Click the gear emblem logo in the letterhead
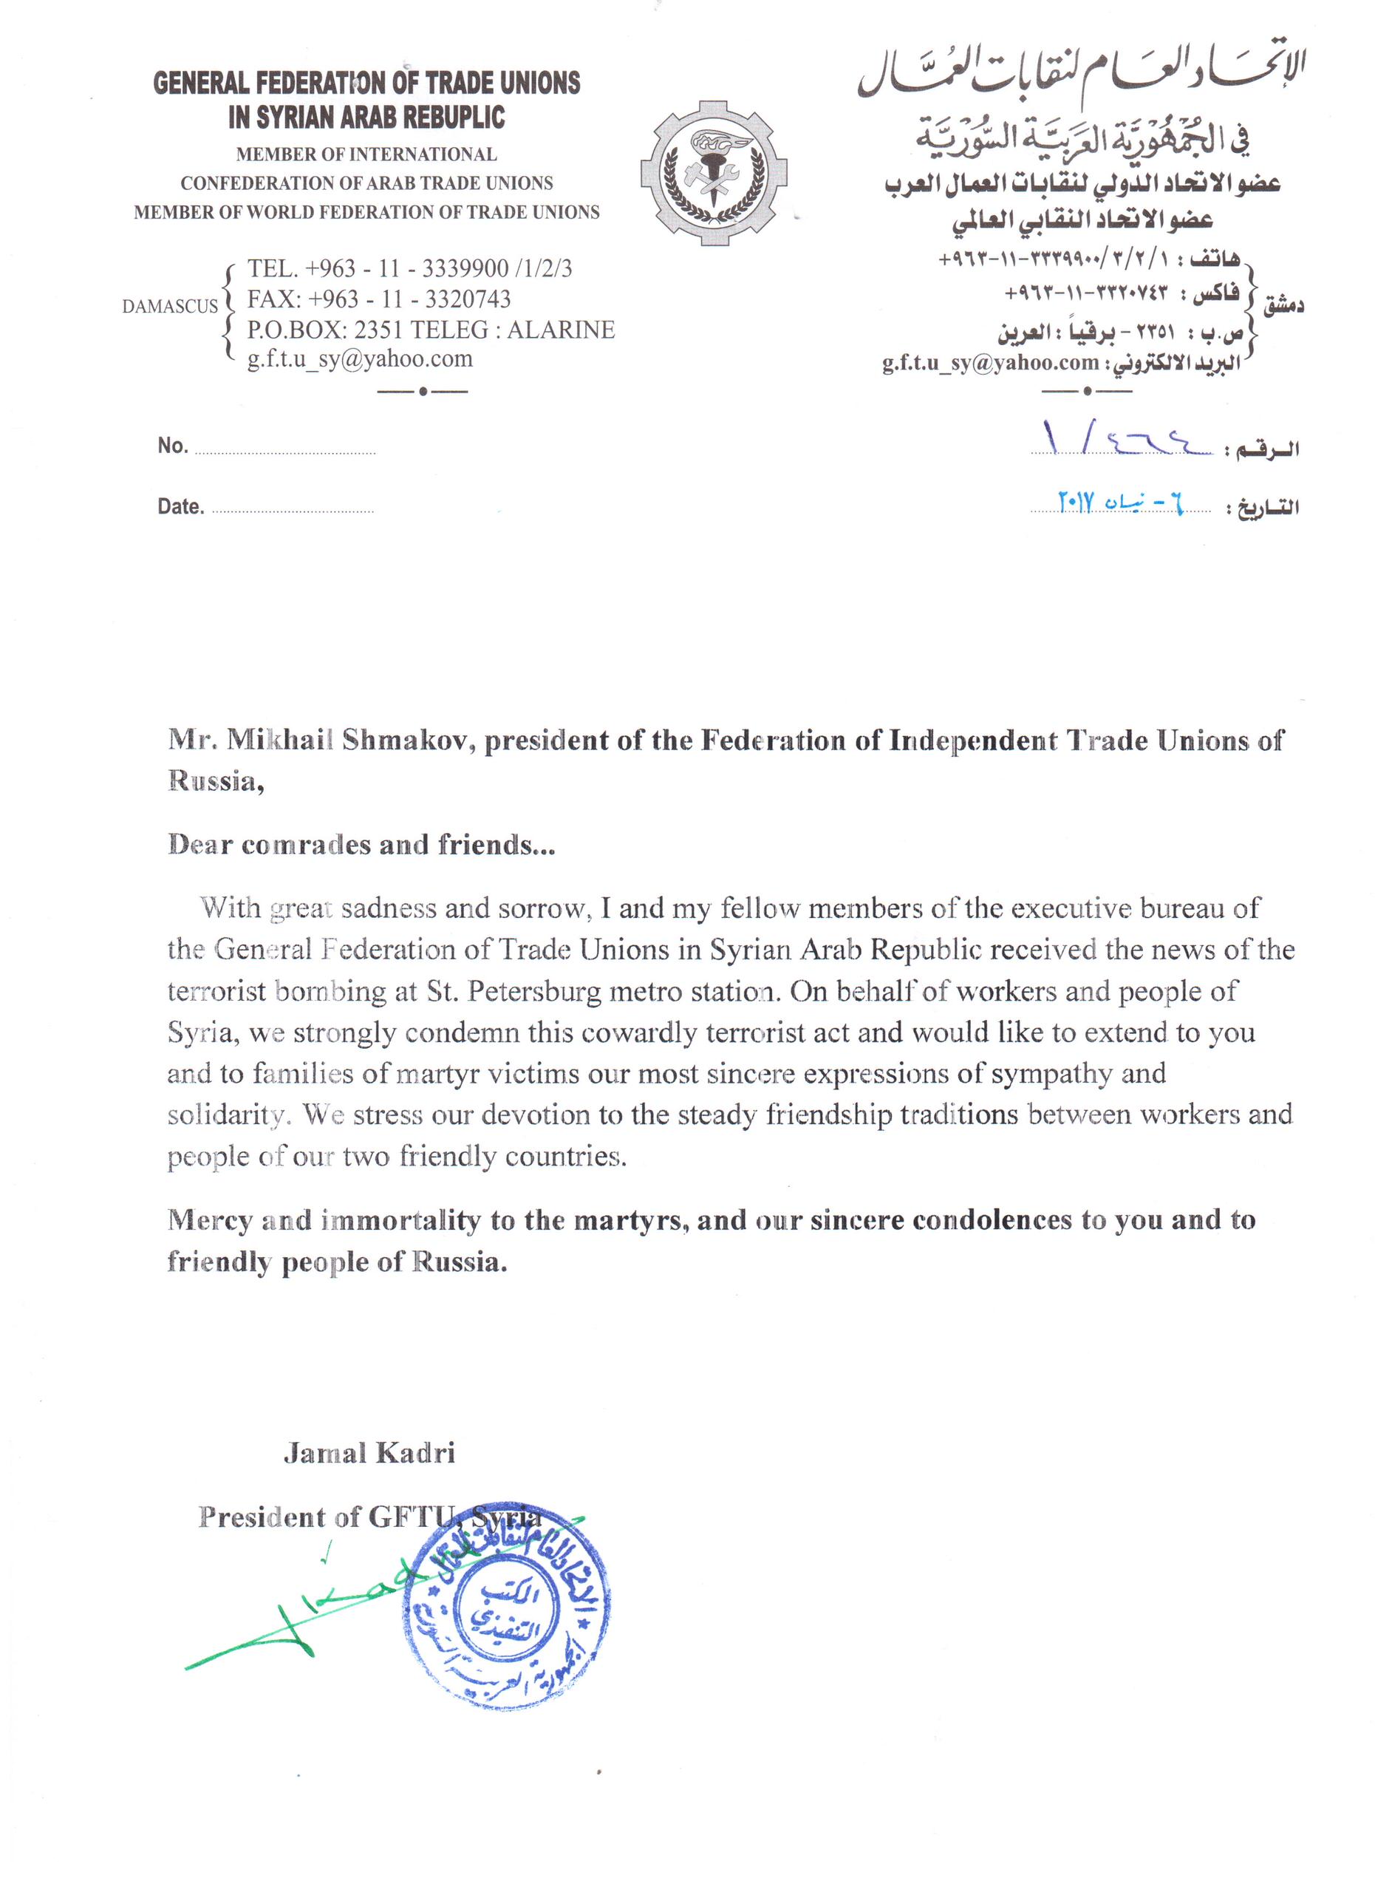(713, 173)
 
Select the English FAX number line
(378, 299)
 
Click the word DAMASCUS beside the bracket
(169, 306)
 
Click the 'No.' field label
(173, 446)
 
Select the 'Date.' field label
(180, 506)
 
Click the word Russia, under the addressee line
(216, 781)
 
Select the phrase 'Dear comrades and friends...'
(361, 844)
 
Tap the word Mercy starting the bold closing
(209, 1219)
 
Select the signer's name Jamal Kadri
(369, 1452)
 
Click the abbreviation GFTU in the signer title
(414, 1516)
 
